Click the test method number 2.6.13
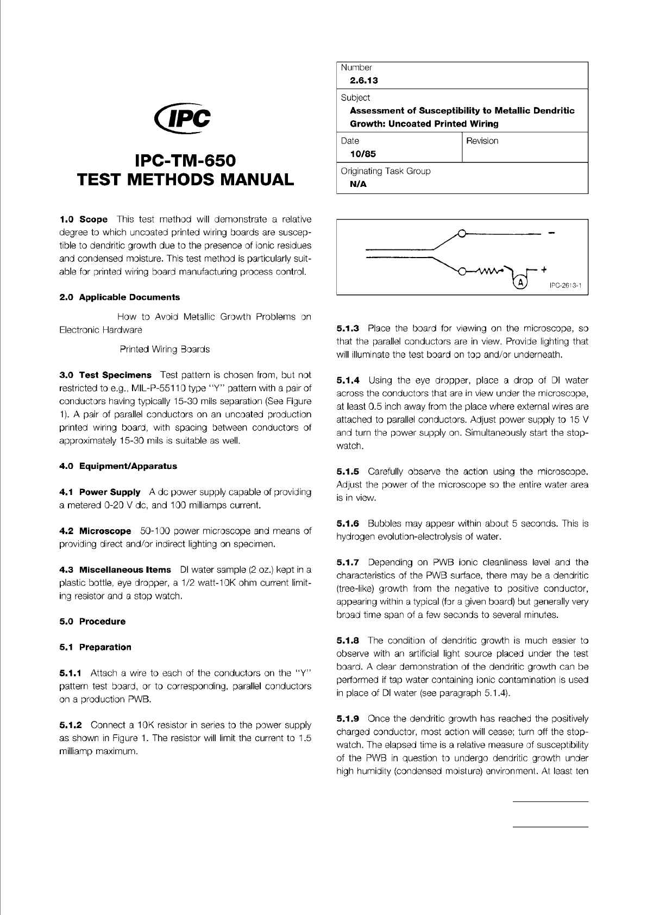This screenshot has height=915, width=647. click(x=363, y=80)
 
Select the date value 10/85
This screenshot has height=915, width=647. click(x=363, y=154)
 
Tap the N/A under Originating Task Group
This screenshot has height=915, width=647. click(x=359, y=184)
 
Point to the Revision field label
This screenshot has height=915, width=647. click(x=482, y=141)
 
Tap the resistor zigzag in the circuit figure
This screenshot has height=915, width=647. click(x=488, y=270)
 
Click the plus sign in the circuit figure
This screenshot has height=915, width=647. click(x=544, y=269)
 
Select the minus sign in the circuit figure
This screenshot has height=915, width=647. click(x=551, y=234)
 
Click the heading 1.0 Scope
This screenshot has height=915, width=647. click(x=84, y=220)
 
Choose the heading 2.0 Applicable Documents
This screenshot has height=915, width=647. click(x=119, y=297)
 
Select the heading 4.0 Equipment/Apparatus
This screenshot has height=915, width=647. click(x=118, y=466)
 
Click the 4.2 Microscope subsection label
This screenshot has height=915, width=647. click(x=95, y=531)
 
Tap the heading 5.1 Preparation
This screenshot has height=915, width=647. click(x=95, y=647)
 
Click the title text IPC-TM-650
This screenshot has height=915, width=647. click(x=185, y=161)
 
